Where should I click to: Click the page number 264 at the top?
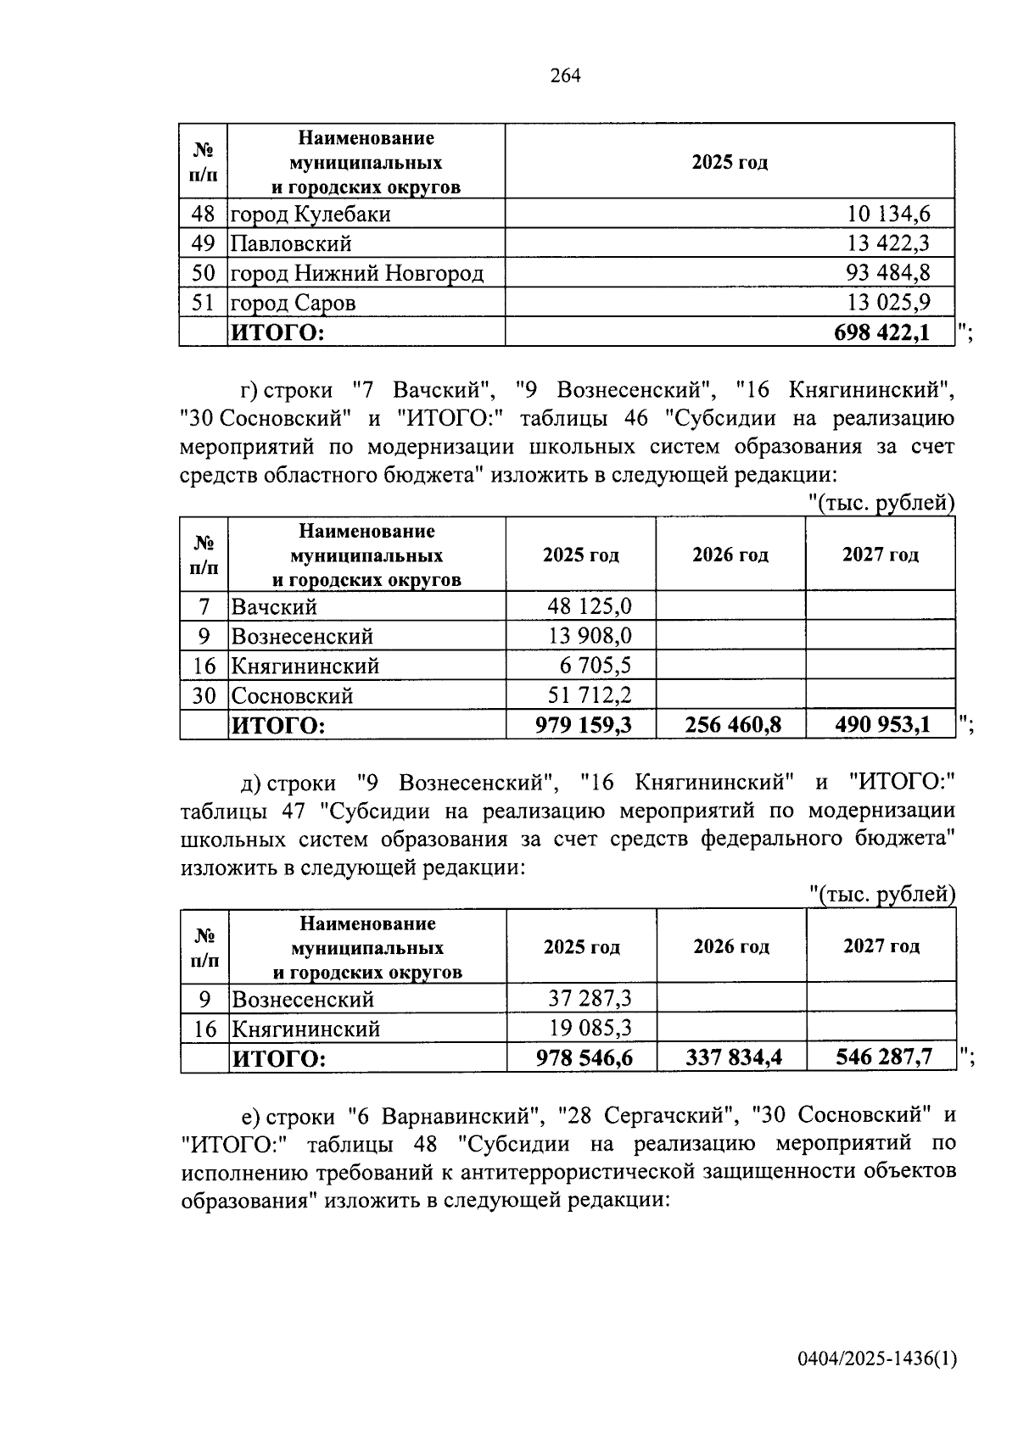pos(565,76)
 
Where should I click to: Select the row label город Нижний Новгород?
pos(357,273)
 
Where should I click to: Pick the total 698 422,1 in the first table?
pos(881,332)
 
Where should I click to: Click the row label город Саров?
pos(294,303)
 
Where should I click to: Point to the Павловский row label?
pos(291,243)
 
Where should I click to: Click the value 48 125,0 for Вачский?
pos(590,606)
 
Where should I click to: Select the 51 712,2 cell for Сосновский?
pos(590,695)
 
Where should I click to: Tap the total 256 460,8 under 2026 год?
pos(732,725)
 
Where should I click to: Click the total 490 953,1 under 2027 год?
pos(882,725)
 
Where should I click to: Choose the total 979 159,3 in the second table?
pos(583,725)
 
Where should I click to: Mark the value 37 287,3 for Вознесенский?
pos(590,999)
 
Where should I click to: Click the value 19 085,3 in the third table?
pos(590,1029)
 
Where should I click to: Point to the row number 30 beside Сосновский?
pos(204,695)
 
